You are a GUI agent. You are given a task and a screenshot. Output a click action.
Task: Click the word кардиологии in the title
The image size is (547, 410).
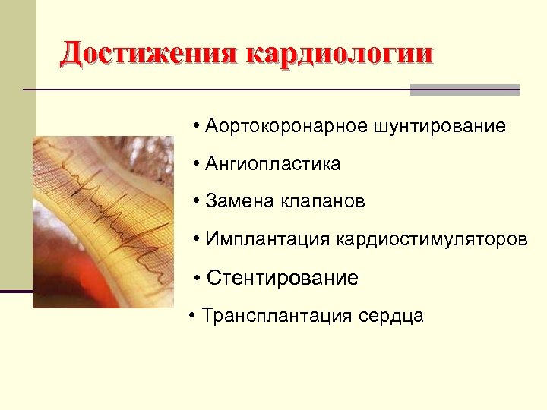tap(340, 55)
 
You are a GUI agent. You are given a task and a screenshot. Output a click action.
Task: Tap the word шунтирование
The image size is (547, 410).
tap(439, 125)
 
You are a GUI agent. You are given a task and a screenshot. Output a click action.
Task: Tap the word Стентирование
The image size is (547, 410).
tap(282, 278)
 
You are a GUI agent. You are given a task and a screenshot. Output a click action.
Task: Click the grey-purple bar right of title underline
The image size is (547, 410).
tap(464, 90)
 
